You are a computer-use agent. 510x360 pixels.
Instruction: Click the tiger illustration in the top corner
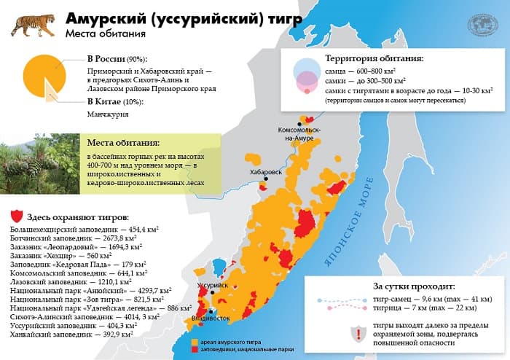(x=30, y=23)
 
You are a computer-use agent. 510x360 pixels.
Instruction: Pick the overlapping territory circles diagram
(x=306, y=75)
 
